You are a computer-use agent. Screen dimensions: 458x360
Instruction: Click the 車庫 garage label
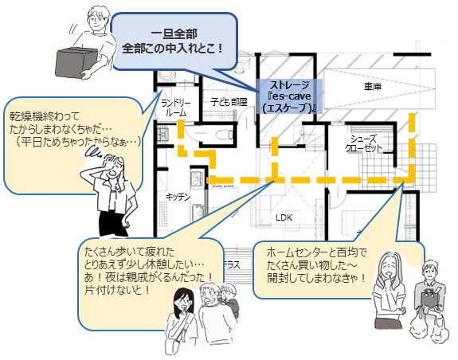click(x=373, y=87)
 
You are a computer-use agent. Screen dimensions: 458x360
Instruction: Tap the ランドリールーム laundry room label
click(x=176, y=108)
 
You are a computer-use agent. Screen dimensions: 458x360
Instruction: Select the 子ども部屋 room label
click(x=229, y=102)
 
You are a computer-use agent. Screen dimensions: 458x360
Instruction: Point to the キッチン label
click(x=178, y=197)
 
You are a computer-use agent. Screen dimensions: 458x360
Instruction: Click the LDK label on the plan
click(x=284, y=217)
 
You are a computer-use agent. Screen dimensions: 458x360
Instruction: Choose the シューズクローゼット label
click(x=364, y=143)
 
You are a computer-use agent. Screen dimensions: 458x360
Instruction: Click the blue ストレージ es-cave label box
click(x=289, y=96)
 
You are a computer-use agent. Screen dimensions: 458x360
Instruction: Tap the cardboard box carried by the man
click(x=76, y=62)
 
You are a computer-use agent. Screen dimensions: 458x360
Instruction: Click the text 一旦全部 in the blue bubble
click(x=174, y=34)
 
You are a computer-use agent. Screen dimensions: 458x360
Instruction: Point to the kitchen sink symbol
click(x=198, y=211)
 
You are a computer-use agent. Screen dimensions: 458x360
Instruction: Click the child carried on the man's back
click(x=229, y=299)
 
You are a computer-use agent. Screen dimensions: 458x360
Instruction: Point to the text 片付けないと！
click(x=117, y=290)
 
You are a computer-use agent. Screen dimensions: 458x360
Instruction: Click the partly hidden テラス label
click(x=232, y=265)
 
